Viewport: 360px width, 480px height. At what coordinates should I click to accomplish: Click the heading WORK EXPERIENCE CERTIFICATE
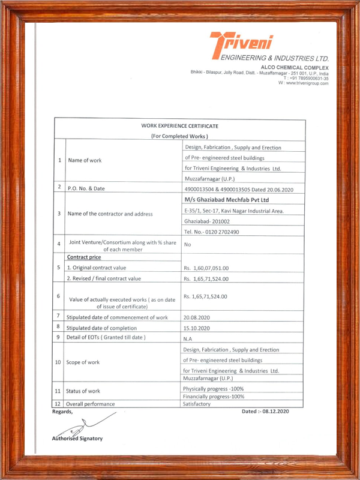pos(179,126)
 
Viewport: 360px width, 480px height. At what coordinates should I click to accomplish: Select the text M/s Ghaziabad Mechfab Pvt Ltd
pos(227,200)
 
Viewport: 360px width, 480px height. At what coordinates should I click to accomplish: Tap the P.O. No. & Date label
pos(86,188)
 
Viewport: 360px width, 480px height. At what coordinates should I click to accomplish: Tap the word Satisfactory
pos(199,404)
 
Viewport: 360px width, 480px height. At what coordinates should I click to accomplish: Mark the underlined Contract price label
pos(83,257)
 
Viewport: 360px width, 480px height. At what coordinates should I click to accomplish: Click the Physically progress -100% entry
pos(213,389)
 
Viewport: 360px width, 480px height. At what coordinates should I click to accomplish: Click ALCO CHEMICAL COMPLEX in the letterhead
pos(295,67)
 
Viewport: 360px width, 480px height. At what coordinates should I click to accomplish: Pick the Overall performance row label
pos(92,404)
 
